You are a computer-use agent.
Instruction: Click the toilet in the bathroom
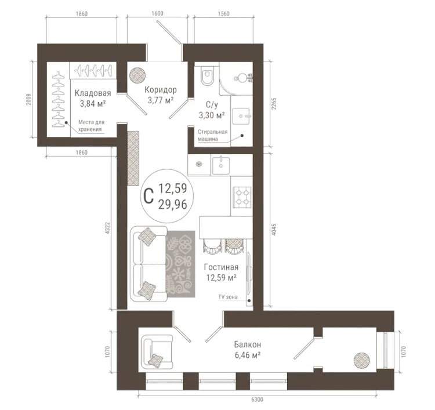(207, 75)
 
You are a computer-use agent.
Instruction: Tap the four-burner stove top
(242, 197)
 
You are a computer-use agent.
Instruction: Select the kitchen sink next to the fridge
(221, 165)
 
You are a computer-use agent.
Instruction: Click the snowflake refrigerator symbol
(198, 165)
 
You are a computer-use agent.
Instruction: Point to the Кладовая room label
(93, 93)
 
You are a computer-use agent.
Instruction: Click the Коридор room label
(161, 90)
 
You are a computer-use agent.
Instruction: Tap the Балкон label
(248, 344)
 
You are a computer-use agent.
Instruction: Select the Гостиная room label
(221, 267)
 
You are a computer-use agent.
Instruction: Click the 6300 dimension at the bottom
(257, 400)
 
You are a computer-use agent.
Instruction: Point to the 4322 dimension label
(108, 228)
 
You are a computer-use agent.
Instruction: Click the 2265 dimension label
(274, 103)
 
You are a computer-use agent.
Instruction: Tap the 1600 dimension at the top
(157, 13)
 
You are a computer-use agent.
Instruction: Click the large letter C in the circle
(148, 196)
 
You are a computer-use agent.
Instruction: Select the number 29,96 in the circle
(173, 205)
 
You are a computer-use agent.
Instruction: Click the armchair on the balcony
(157, 351)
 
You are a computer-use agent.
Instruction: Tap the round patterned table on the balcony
(361, 360)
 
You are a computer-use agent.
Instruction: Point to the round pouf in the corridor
(138, 75)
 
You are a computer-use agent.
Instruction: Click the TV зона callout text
(228, 297)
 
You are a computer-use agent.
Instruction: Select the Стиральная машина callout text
(212, 135)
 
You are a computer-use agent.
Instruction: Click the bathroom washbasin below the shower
(242, 116)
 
